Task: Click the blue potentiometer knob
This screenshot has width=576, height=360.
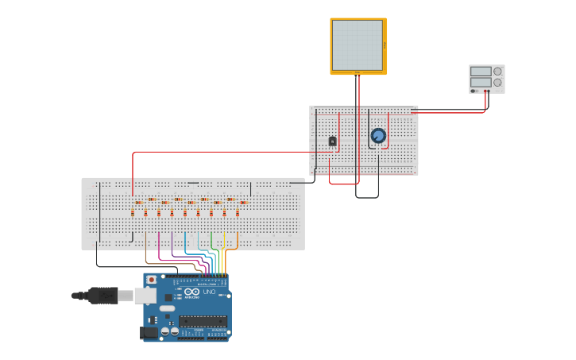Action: click(x=378, y=136)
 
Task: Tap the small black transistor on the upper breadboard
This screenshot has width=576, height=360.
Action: click(x=332, y=141)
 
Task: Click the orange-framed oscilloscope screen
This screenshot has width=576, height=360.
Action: click(x=358, y=46)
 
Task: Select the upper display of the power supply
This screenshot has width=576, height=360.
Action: click(x=480, y=71)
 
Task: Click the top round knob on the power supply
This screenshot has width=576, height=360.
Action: click(x=497, y=71)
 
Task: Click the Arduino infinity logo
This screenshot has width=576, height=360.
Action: click(x=191, y=292)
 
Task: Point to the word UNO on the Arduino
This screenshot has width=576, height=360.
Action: click(x=209, y=292)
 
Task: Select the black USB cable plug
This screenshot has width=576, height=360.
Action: click(x=103, y=296)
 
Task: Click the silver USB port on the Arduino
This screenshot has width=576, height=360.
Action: click(x=145, y=296)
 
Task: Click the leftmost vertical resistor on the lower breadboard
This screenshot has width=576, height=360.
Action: click(x=132, y=213)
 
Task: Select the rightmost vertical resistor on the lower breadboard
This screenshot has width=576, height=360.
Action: click(x=237, y=213)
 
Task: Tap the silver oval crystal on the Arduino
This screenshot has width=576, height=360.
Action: click(x=167, y=308)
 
